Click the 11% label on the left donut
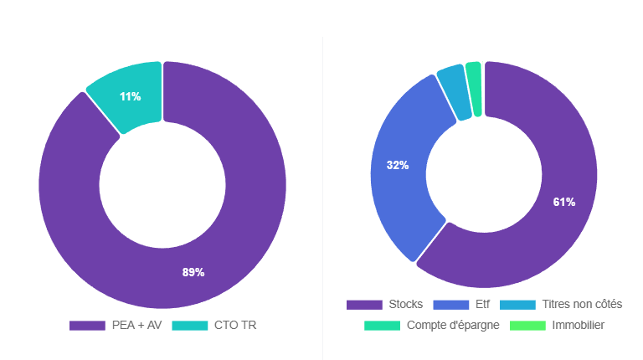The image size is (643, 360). point(130,96)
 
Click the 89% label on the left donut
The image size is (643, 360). point(193,272)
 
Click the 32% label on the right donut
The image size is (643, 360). point(398,165)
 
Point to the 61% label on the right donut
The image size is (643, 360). point(563,202)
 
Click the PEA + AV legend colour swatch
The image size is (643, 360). point(86,325)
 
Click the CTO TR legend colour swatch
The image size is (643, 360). point(189,325)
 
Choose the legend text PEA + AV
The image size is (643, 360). point(136,325)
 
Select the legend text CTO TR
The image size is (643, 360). point(235,325)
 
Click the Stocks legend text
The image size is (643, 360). point(406,304)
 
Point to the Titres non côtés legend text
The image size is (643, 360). point(582,304)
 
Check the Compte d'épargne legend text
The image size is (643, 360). point(453,325)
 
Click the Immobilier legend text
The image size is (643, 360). point(578,325)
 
